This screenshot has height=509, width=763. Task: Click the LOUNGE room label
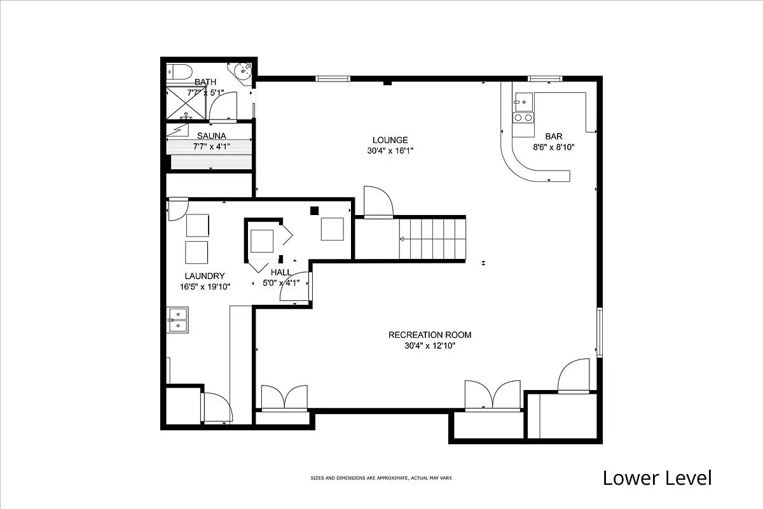[390, 140]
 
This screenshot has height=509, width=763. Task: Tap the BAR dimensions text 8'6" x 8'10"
[553, 147]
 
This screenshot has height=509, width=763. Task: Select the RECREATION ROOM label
[430, 335]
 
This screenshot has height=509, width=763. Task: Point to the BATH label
[205, 82]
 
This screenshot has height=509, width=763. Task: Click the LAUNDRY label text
[205, 276]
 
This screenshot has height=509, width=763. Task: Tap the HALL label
[281, 272]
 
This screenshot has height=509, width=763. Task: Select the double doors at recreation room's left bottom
[285, 398]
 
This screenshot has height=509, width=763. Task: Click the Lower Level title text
[657, 478]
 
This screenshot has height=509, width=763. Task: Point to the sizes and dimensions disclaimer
[381, 478]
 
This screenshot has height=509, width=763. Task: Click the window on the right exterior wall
[599, 332]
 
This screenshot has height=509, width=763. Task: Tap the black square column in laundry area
[314, 211]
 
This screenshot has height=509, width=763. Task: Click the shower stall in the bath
[186, 104]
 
